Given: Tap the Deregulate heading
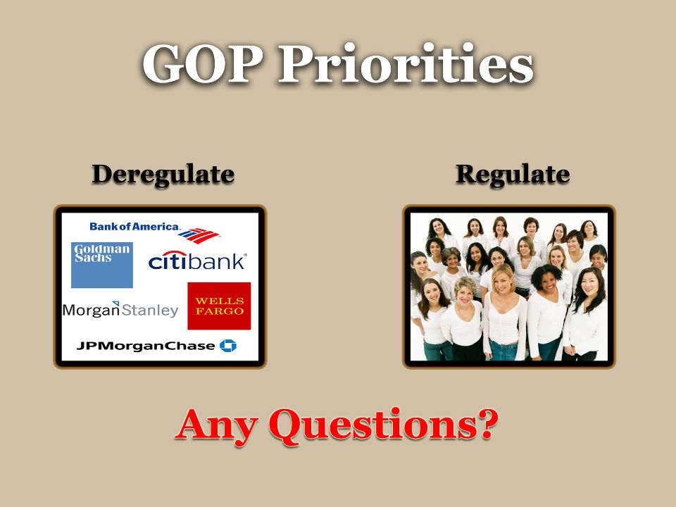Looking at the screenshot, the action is pyautogui.click(x=163, y=175).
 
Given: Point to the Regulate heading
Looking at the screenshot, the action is pyautogui.click(x=513, y=175).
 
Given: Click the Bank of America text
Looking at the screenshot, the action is pyautogui.click(x=134, y=226).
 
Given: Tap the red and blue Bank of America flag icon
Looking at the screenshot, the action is pyautogui.click(x=199, y=235).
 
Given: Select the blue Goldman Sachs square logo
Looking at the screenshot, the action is pyautogui.click(x=101, y=265).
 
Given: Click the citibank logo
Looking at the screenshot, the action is pyautogui.click(x=197, y=261).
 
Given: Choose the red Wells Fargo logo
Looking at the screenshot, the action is pyautogui.click(x=219, y=306).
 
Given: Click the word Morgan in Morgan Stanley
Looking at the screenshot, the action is pyautogui.click(x=92, y=310).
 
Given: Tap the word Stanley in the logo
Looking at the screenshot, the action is pyautogui.click(x=149, y=310).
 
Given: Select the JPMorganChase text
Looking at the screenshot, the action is pyautogui.click(x=146, y=346).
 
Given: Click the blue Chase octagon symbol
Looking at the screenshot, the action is pyautogui.click(x=228, y=345).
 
